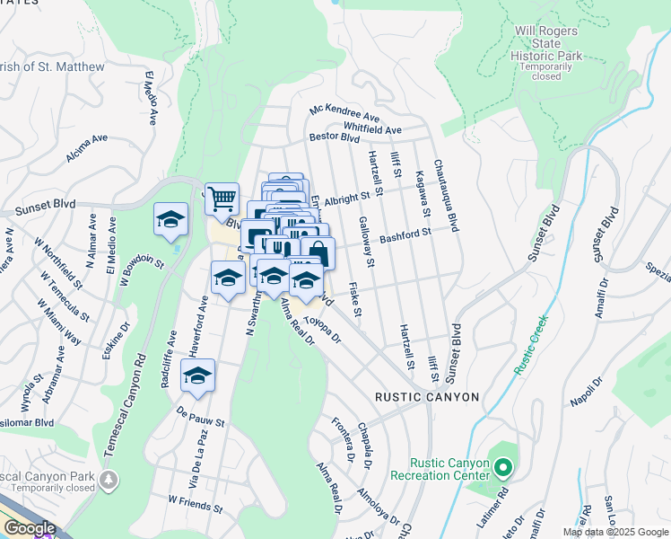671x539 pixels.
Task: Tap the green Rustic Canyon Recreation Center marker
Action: [503, 467]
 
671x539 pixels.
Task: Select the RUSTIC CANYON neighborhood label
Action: [427, 397]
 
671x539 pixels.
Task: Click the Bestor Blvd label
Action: [334, 138]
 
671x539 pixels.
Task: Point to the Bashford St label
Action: [405, 234]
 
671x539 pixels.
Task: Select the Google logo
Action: [29, 528]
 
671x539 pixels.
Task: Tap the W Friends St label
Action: [195, 503]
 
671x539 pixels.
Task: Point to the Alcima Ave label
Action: [86, 149]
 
